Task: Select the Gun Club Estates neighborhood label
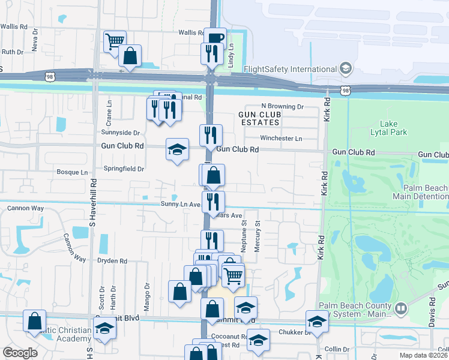click(x=259, y=118)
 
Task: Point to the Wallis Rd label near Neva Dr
click(x=14, y=26)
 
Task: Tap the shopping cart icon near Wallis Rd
click(x=114, y=41)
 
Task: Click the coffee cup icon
click(x=215, y=38)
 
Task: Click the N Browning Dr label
click(x=282, y=106)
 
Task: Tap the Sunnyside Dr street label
click(x=120, y=132)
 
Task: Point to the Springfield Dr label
click(x=124, y=169)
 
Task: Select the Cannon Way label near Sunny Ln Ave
click(x=25, y=208)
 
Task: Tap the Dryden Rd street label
click(x=112, y=261)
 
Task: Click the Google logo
click(x=20, y=353)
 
